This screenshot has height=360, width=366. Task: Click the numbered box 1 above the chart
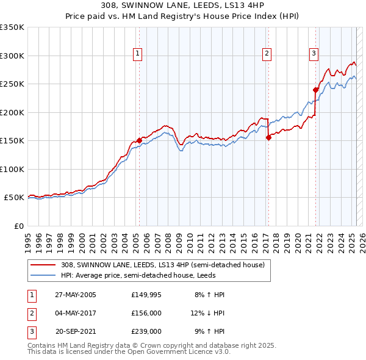tap(138, 54)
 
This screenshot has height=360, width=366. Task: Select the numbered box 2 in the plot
tap(267, 54)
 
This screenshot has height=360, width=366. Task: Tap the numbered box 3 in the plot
tap(314, 54)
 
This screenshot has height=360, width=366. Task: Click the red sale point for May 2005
tap(139, 140)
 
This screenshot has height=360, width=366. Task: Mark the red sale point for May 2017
tap(268, 137)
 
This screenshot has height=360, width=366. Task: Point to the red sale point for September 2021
tap(315, 90)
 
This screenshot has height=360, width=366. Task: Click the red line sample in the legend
tap(44, 265)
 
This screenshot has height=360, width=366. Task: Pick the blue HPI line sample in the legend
tap(44, 275)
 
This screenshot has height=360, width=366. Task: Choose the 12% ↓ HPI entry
tap(207, 313)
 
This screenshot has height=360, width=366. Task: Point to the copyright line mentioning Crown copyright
tap(152, 345)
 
